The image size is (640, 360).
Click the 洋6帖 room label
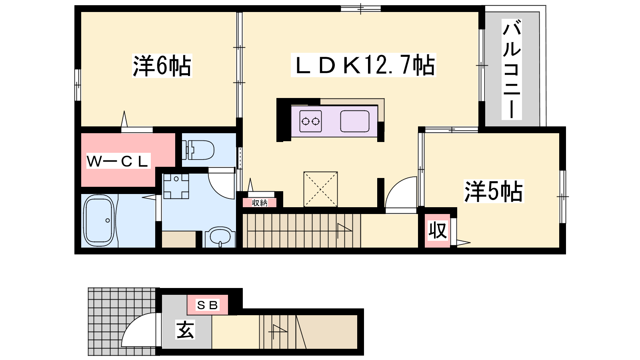click(x=162, y=66)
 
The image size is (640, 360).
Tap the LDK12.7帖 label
click(x=364, y=65)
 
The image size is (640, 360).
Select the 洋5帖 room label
click(x=494, y=191)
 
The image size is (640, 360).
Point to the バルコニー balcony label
click(x=512, y=70)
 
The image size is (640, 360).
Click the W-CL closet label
click(x=118, y=161)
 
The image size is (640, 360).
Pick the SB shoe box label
click(x=208, y=305)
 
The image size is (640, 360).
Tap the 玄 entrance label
click(x=185, y=330)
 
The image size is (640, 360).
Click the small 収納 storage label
click(x=260, y=203)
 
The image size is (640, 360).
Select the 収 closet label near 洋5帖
click(x=438, y=230)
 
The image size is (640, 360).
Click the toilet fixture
click(x=198, y=150)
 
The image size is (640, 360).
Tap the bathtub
click(x=99, y=220)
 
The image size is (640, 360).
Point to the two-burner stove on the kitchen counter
click(x=310, y=122)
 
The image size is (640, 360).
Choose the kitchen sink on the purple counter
click(x=355, y=121)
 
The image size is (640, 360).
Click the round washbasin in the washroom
click(x=220, y=237)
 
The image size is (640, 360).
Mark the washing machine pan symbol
click(x=176, y=186)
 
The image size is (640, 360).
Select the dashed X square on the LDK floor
click(x=320, y=189)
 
